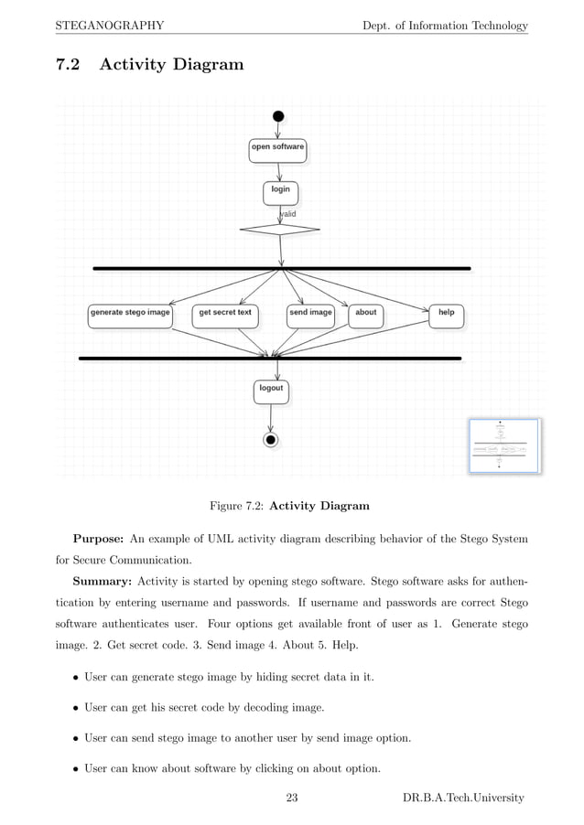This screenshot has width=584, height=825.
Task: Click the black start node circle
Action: pos(278,116)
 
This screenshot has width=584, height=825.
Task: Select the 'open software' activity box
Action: pos(277,150)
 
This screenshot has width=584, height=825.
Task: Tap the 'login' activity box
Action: pos(280,192)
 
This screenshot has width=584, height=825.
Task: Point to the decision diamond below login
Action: pos(279,229)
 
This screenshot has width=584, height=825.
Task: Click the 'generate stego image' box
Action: pos(130,315)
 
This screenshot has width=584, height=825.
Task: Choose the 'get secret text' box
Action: pos(225,315)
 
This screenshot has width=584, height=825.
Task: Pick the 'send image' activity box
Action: pos(310,315)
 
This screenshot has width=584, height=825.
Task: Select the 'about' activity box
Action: pos(365,315)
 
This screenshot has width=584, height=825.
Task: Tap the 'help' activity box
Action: pos(446,315)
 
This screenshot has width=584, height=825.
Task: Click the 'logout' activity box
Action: pos(271,391)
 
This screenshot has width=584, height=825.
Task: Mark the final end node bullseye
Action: pos(271,440)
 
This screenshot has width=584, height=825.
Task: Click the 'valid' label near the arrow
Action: pos(287,214)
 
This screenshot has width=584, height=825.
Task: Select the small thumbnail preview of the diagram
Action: pos(504,445)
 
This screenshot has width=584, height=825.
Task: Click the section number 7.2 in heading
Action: pos(69,65)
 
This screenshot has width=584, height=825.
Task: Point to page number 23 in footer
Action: pos(292,798)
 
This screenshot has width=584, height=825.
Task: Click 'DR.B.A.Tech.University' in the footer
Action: pos(463,798)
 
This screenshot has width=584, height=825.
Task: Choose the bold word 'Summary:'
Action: pos(102,584)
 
